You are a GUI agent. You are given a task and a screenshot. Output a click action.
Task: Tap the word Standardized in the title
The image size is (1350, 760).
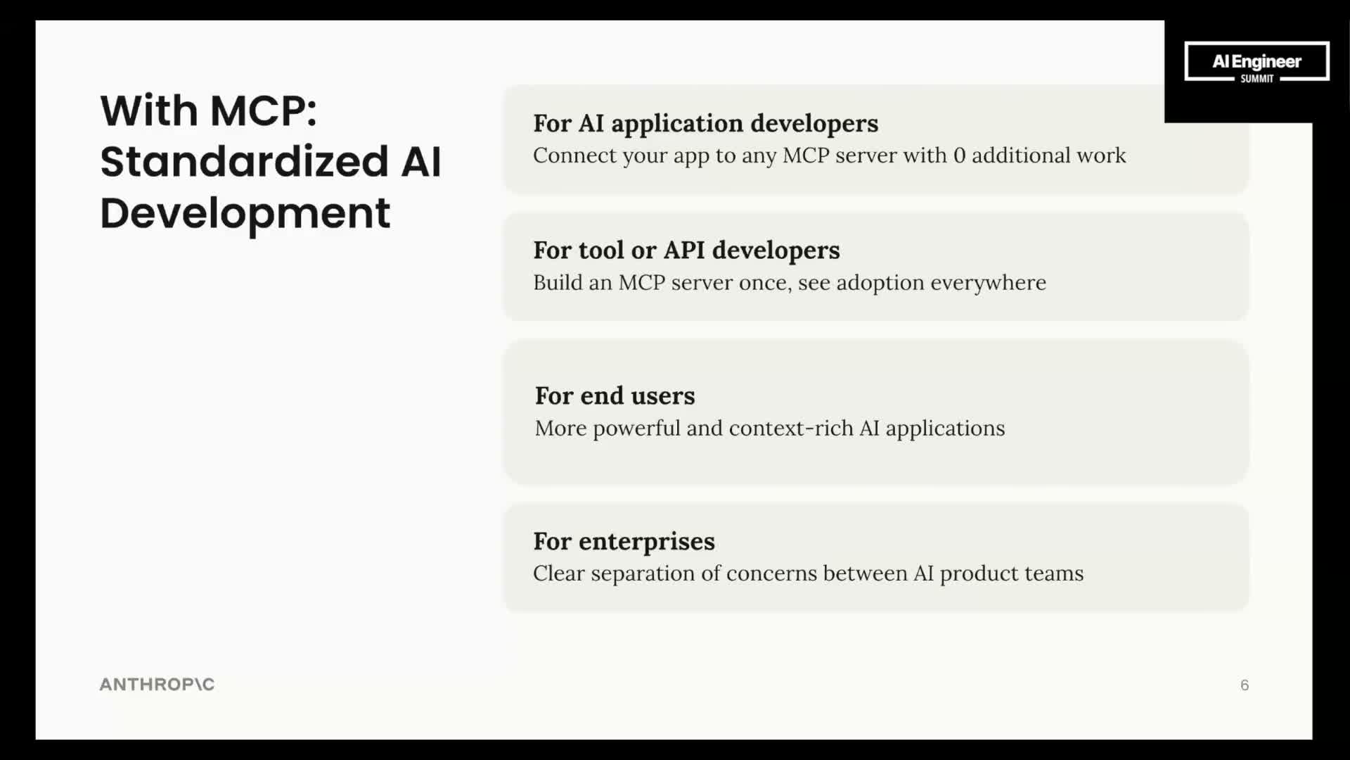[x=245, y=161]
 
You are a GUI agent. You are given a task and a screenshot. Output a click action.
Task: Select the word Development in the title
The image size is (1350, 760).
[x=245, y=214]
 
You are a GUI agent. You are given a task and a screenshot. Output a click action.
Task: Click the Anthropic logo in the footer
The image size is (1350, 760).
[x=157, y=684]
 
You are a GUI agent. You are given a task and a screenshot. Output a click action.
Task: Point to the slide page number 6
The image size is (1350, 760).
[x=1245, y=685]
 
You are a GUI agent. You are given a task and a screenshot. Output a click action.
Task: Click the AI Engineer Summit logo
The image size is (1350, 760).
[x=1256, y=62]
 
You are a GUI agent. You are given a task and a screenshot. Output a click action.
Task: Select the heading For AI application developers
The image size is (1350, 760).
[x=705, y=123]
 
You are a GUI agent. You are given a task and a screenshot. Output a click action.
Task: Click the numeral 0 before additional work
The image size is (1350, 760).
[x=959, y=155]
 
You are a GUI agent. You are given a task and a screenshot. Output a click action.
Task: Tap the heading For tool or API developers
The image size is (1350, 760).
[x=686, y=251]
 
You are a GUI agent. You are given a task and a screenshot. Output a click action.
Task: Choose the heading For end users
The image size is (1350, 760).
[x=615, y=395]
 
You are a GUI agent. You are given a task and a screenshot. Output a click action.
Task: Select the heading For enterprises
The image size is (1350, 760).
[x=624, y=542]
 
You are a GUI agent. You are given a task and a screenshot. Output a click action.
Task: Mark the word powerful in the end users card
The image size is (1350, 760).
[x=636, y=429]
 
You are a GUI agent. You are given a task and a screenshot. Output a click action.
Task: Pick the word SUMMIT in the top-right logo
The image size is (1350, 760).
[x=1257, y=79]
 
